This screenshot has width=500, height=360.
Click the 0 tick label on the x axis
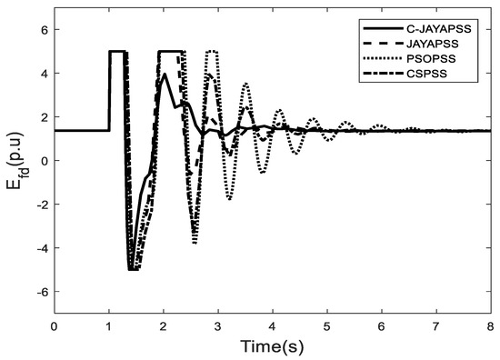[54, 325]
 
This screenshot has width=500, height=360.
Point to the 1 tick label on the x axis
[108, 325]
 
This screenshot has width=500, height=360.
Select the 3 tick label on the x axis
[217, 325]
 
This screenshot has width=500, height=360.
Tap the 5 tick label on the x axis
[326, 325]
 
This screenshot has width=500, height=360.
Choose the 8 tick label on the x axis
[490, 325]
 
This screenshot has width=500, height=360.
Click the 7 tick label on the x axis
[435, 325]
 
